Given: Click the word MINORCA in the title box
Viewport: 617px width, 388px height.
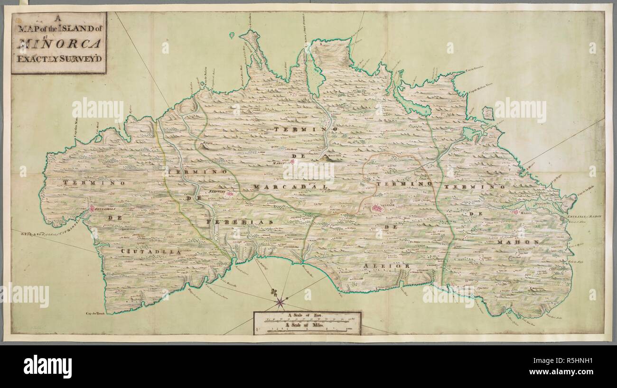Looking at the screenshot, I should [x=59, y=44].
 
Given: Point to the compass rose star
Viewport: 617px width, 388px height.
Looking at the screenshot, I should [x=280, y=300].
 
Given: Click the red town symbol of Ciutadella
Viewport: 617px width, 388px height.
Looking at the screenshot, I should [x=92, y=208].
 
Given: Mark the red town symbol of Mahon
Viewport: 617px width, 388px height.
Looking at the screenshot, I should [x=515, y=212].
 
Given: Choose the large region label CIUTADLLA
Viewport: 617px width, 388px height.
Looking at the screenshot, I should [x=150, y=252].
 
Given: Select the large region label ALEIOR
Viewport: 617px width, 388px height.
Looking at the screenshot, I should [x=386, y=267].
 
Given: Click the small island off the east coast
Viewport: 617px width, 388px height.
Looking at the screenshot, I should [x=487, y=113].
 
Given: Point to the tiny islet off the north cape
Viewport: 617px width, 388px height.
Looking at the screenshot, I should [x=232, y=35].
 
